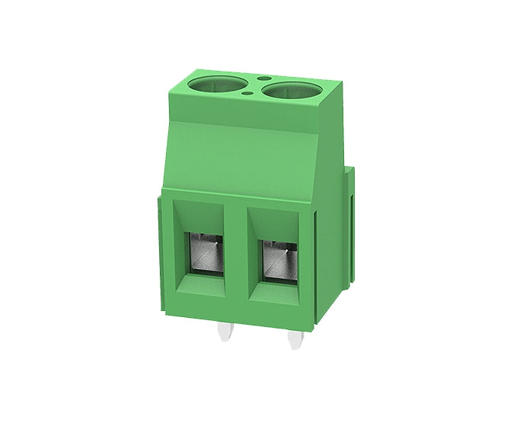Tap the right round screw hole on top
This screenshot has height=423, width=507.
292,91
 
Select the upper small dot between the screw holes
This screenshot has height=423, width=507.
261,79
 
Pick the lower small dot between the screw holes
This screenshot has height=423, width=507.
251,95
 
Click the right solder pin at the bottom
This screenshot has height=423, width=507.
295,339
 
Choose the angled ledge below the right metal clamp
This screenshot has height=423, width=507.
277,292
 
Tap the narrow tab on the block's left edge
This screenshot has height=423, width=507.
157,252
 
